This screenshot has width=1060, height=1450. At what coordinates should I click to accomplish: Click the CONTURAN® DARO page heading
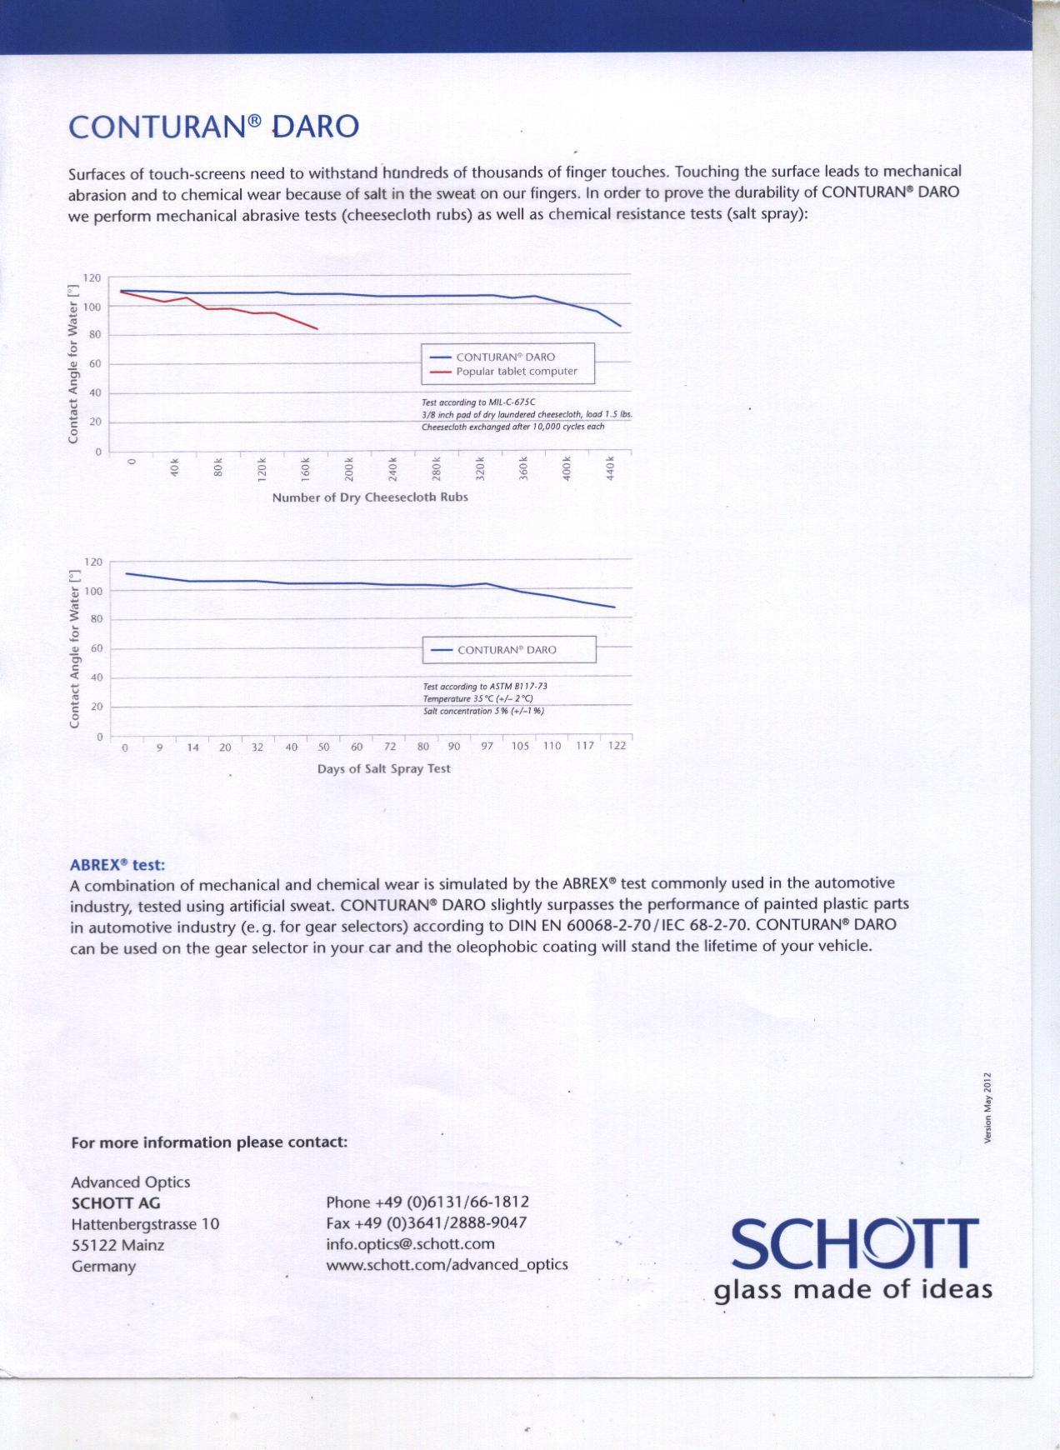(213, 127)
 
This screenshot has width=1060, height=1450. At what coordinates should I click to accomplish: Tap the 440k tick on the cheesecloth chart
(610, 467)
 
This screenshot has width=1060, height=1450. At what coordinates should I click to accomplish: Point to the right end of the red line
(317, 328)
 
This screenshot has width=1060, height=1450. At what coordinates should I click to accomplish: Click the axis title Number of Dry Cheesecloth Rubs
(370, 497)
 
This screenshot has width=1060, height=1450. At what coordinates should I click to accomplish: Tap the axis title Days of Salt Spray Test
(383, 768)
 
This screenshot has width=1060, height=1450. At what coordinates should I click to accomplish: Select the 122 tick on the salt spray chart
(617, 746)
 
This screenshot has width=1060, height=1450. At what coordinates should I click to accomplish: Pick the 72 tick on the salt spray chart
(390, 747)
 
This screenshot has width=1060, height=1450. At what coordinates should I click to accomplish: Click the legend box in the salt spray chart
(509, 650)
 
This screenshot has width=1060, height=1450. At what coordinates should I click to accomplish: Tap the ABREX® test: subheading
(117, 865)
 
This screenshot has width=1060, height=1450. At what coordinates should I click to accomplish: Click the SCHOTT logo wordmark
(855, 1243)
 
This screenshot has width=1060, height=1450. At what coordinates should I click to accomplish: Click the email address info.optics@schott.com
(410, 1244)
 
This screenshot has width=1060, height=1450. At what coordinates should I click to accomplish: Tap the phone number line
(427, 1202)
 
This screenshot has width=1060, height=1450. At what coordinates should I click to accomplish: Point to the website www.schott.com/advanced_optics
(447, 1265)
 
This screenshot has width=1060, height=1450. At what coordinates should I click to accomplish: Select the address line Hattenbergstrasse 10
(145, 1224)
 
